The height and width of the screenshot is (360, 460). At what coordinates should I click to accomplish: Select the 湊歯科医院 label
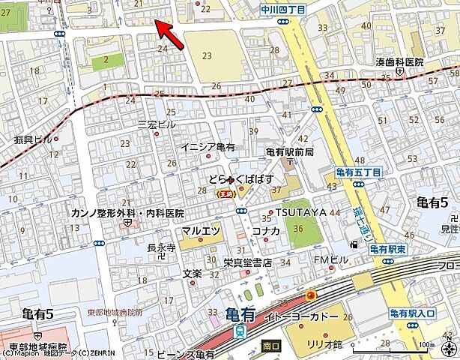tap(399, 61)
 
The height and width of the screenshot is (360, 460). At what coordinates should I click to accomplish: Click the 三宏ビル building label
tap(156, 124)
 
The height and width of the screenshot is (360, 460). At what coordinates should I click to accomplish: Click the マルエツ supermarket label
tap(201, 230)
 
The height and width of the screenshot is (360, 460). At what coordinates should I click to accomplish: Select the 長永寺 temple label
tap(161, 247)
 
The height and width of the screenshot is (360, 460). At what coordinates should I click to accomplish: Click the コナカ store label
tap(266, 231)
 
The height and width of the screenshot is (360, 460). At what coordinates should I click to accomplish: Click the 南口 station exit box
tap(271, 346)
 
